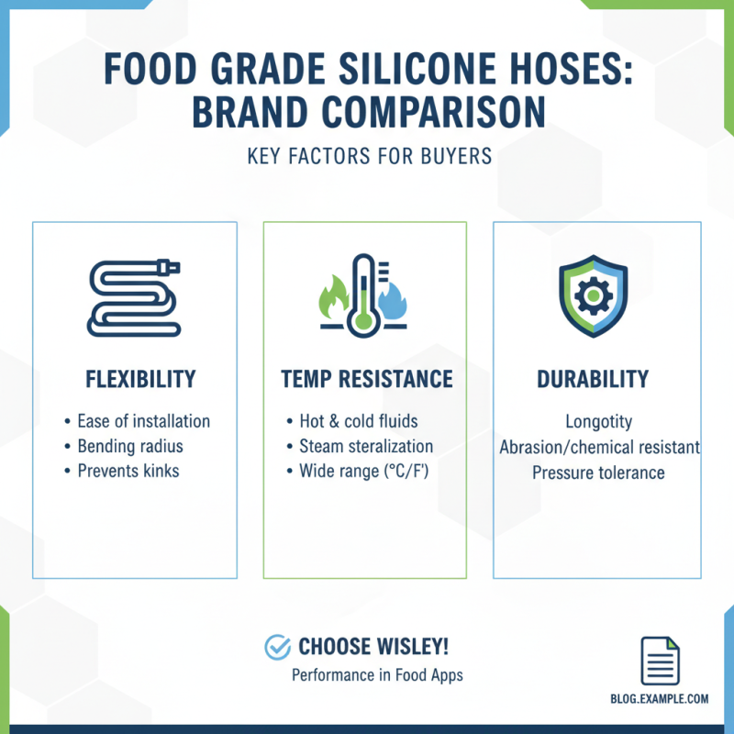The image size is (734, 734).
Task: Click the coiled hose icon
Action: point(134,296)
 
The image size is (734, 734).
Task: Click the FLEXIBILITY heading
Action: point(135,379)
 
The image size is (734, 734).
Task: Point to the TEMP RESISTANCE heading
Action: point(365,379)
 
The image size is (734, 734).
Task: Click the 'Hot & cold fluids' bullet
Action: point(358,421)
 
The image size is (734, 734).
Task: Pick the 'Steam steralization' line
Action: point(366,447)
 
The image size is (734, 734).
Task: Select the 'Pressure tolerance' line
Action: point(598,473)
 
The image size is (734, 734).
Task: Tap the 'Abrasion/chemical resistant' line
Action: point(599,448)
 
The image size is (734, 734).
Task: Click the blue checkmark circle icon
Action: point(277,647)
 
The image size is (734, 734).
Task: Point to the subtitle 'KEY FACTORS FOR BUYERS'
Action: point(370,156)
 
